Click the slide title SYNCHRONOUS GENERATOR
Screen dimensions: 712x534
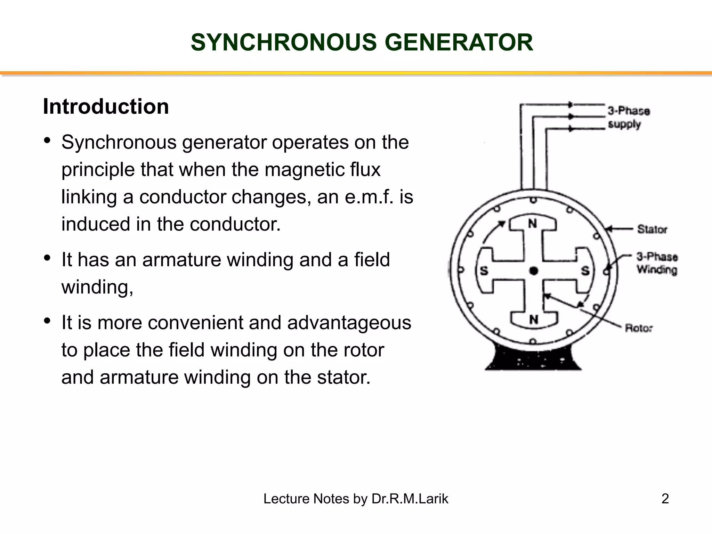point(362,42)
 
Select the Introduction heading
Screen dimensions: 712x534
point(106,106)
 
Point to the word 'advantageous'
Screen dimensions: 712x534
point(349,323)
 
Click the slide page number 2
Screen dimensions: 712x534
point(665,499)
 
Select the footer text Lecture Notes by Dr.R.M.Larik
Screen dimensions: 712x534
point(356,499)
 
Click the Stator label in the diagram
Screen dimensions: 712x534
point(652,229)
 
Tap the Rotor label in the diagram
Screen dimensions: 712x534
point(639,328)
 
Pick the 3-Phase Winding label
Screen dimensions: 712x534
point(657,263)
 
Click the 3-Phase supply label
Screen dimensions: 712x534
point(629,118)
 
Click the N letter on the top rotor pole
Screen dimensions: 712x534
point(533,224)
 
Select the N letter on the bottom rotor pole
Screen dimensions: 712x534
point(534,319)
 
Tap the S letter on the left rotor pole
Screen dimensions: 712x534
point(484,271)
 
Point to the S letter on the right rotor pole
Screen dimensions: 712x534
point(585,271)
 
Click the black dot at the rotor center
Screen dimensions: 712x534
point(534,271)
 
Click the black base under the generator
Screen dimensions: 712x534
point(533,360)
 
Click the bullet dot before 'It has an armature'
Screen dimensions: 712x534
point(48,258)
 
